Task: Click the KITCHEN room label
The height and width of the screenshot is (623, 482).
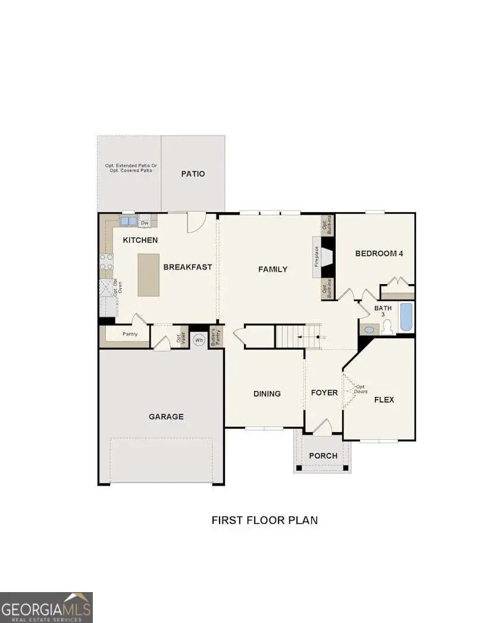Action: [140, 240]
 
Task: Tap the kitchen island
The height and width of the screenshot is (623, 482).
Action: [148, 275]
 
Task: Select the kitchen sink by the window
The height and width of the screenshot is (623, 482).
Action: [129, 221]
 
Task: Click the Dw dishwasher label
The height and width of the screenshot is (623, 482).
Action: [145, 224]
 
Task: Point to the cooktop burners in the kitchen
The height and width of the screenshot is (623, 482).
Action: [107, 262]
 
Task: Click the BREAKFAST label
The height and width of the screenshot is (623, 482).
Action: [187, 267]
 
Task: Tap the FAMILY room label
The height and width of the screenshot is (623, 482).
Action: [273, 269]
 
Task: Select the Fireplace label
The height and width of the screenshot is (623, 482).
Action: [317, 257]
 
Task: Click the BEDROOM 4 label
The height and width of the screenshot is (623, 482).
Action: [379, 253]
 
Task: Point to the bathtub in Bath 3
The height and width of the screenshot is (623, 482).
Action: [406, 317]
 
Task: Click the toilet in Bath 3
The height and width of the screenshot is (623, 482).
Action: [387, 327]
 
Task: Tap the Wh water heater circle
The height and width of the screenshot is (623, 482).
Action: [199, 340]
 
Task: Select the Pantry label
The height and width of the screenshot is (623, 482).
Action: [130, 334]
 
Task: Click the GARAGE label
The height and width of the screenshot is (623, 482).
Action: [166, 417]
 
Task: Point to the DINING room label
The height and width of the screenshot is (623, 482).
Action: [267, 394]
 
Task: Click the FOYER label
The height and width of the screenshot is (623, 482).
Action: [324, 393]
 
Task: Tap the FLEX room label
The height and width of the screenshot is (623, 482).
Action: [384, 399]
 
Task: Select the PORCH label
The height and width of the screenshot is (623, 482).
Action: [323, 456]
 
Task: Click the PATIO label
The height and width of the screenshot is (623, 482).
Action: [193, 174]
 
